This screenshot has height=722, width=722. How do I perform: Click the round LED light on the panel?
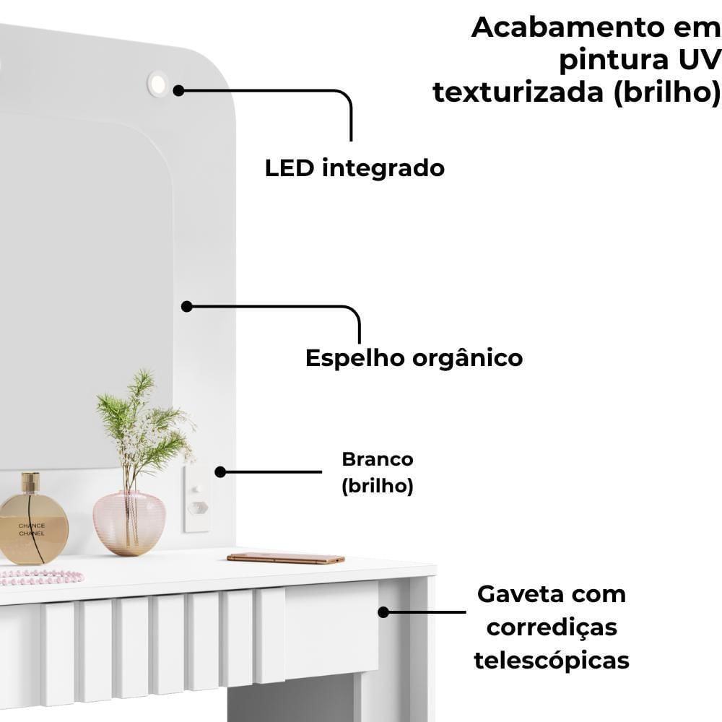157,84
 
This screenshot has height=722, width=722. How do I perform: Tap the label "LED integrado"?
355,168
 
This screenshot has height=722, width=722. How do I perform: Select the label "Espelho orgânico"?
414,357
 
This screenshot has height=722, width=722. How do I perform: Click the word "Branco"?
377,459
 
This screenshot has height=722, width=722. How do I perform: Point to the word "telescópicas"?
552,660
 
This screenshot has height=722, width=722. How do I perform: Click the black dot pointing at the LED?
178,90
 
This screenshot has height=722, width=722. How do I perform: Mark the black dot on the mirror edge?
186,306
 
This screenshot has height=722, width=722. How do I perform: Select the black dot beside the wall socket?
220,471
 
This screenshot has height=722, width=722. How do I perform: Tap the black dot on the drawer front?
383,612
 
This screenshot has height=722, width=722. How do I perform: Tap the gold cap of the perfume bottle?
30,482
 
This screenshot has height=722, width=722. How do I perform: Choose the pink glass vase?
129,522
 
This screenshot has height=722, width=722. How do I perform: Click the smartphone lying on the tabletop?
286,558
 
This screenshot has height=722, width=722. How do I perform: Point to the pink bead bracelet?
41,576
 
